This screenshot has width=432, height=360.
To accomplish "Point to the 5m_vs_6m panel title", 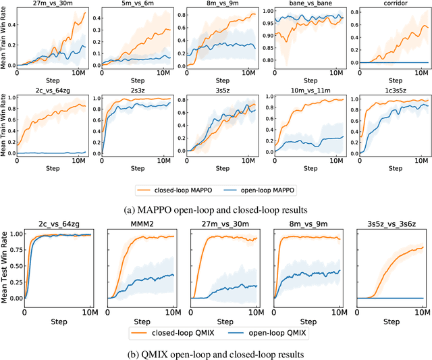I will tap(133, 4).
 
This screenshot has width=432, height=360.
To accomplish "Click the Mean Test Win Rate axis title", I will tap(5, 267).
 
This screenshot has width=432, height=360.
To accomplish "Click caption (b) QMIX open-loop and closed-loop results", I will tap(216, 353).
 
